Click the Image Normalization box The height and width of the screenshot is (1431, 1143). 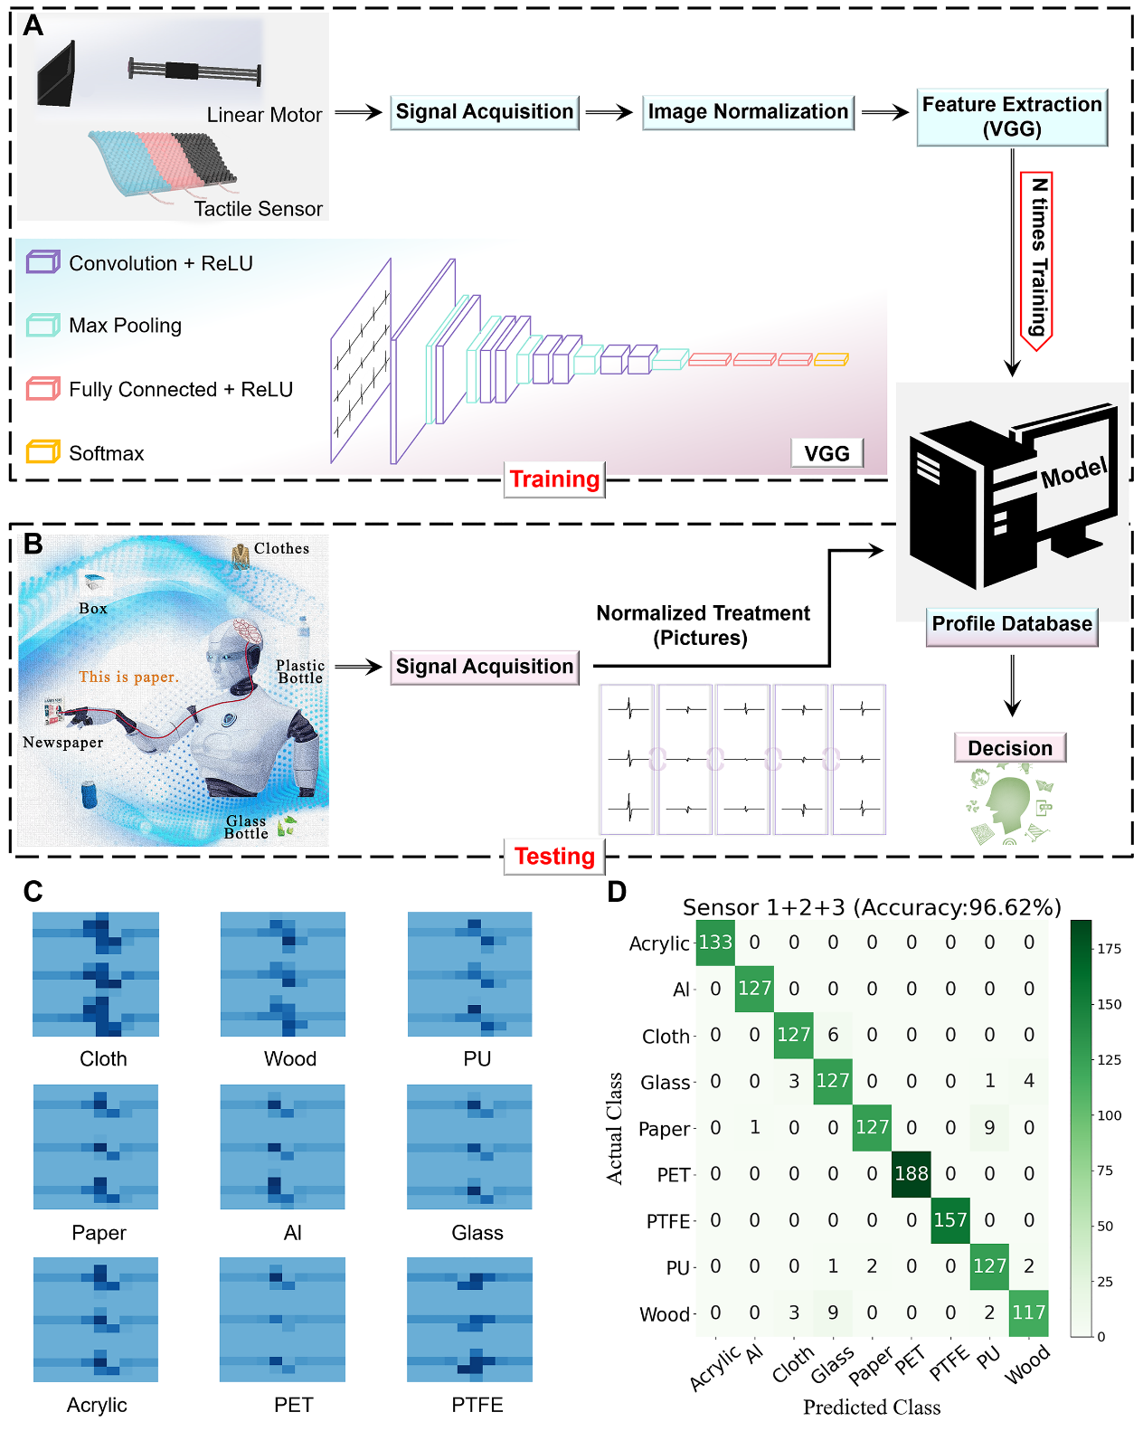point(748,112)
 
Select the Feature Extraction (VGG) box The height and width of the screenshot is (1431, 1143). point(1012,117)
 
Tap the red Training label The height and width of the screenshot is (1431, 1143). point(554,479)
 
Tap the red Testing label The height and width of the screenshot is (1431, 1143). point(554,857)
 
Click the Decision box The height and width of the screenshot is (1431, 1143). point(1010,748)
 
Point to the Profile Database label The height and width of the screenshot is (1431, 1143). point(1012,624)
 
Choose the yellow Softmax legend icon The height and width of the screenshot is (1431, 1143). point(43,451)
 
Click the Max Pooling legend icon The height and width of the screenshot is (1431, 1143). point(43,325)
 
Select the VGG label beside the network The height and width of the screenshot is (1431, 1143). point(827,453)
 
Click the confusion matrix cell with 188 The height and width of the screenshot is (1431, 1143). point(911,1174)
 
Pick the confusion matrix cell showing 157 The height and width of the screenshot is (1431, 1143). point(950,1220)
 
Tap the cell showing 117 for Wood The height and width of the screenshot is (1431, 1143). point(1029,1313)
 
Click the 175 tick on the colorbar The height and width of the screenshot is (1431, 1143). point(1110,949)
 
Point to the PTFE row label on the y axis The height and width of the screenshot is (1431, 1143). point(668,1222)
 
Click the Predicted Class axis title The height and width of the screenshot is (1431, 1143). point(872,1407)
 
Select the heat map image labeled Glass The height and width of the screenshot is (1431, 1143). point(469,1147)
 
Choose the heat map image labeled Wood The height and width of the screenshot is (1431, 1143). point(283,974)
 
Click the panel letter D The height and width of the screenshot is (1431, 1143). point(617,893)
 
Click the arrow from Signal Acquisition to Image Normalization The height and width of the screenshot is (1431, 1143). point(609,113)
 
